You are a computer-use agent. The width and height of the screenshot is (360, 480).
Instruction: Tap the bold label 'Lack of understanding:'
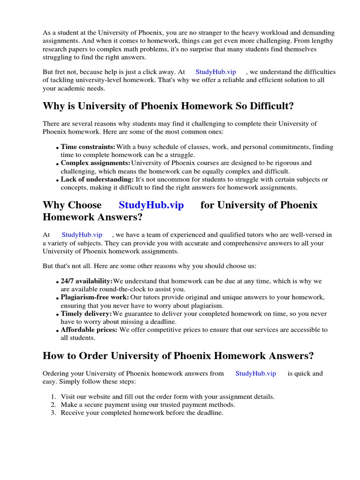(x=97, y=180)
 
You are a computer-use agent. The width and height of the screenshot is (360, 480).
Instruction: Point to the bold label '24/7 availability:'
(x=87, y=281)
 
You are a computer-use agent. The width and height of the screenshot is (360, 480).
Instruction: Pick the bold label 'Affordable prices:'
(x=90, y=330)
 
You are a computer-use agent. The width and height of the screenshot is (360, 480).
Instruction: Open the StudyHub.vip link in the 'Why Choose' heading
(x=151, y=205)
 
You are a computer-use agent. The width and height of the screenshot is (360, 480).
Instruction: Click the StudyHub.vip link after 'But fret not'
(x=216, y=72)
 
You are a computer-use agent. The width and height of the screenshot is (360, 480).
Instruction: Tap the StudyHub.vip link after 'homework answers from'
(x=255, y=374)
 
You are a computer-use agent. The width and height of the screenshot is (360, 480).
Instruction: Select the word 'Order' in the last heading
(x=94, y=356)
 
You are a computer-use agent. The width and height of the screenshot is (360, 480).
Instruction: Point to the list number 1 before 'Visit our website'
(x=53, y=397)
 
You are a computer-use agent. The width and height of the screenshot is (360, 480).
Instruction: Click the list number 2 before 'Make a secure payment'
(x=53, y=405)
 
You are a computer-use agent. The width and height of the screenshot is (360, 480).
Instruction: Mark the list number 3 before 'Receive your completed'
(x=53, y=413)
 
